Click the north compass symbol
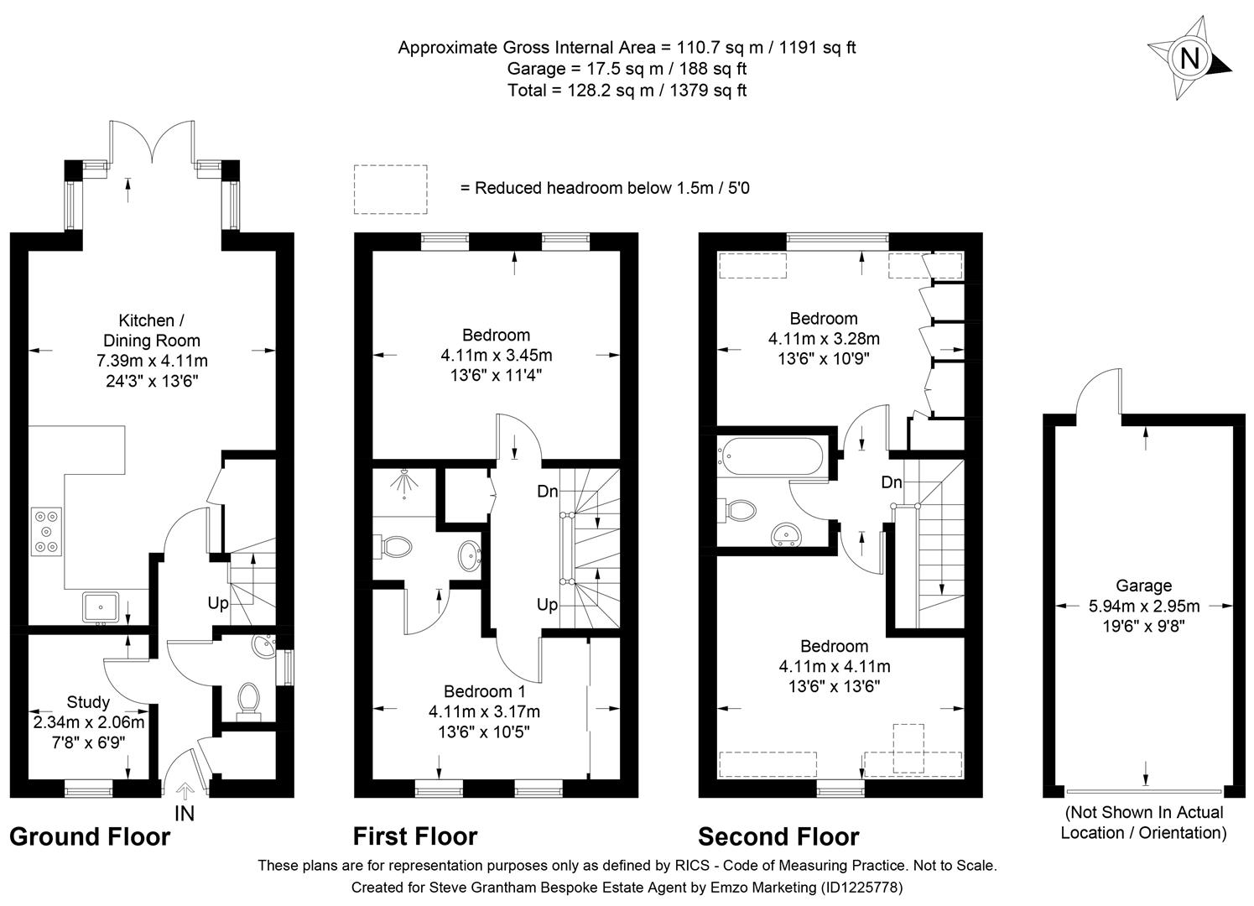pos(1189,59)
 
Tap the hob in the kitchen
pos(46,532)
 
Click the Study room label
pos(88,702)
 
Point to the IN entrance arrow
pos(185,791)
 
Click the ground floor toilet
pos(247,699)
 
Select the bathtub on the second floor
pos(771,455)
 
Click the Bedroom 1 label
pos(484,691)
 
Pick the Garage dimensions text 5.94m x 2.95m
pos(1143,606)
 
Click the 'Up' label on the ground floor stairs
pos(218,603)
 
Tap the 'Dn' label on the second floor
pos(891,482)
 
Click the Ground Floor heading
pos(90,836)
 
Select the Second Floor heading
pos(778,836)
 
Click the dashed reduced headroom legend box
pos(390,189)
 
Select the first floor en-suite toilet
pos(395,547)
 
